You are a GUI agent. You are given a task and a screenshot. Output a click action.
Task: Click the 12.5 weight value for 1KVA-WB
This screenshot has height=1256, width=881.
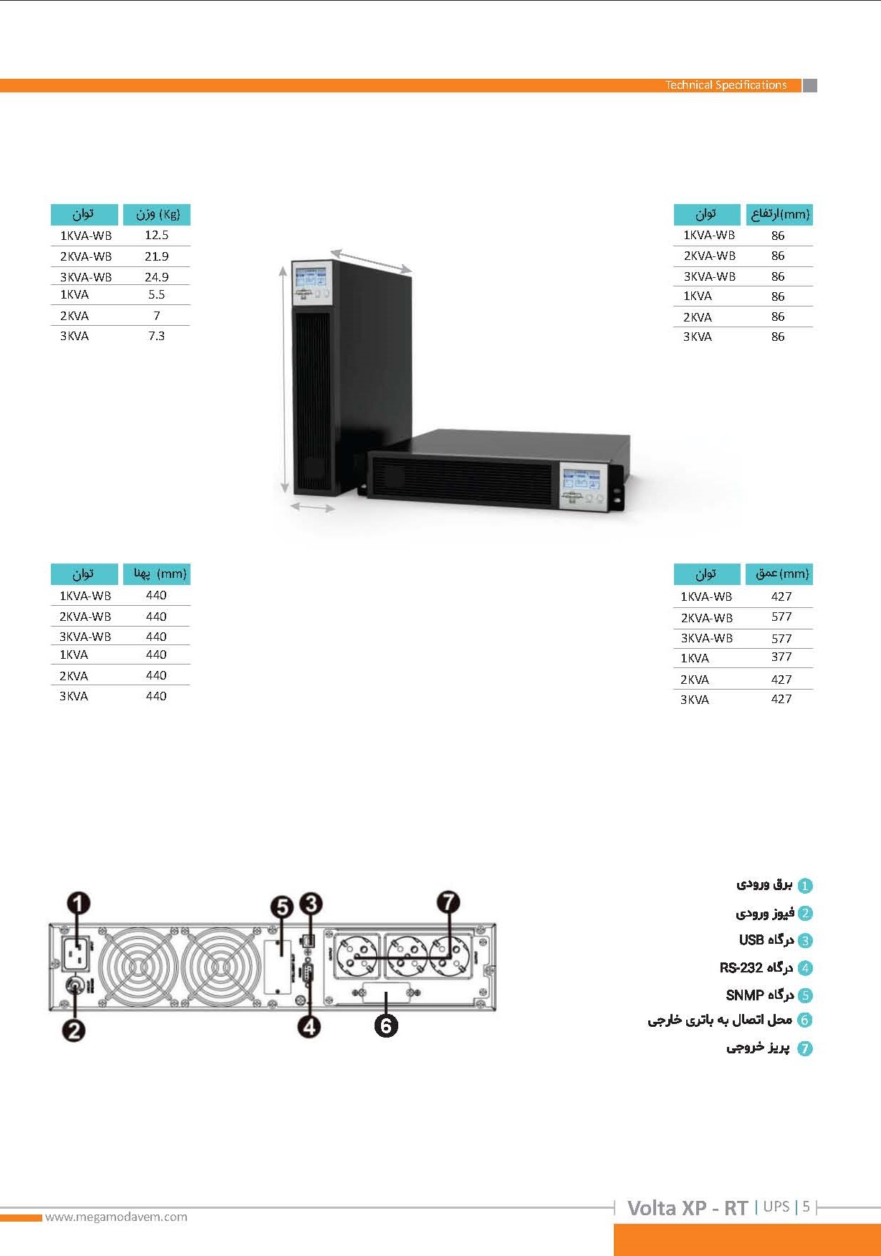click(156, 235)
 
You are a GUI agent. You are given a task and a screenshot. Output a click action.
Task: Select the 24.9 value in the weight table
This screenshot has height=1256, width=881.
click(156, 276)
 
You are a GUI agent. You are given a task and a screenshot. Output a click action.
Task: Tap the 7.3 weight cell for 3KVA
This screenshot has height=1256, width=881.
click(156, 336)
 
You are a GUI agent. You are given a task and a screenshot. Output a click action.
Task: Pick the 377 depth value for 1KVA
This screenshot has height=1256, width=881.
click(781, 657)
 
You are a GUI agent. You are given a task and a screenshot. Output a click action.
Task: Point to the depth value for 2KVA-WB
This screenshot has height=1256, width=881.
click(781, 617)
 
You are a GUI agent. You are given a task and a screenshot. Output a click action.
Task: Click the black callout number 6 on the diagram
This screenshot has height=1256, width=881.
click(385, 1026)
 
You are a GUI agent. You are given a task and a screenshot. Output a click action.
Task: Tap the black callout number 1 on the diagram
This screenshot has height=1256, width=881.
click(79, 904)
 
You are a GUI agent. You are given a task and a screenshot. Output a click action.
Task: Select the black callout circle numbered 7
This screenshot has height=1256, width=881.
click(448, 902)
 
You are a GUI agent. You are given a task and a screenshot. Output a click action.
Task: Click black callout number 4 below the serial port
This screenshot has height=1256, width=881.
click(309, 1026)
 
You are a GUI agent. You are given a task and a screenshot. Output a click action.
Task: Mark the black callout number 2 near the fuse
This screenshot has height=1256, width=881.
click(74, 1030)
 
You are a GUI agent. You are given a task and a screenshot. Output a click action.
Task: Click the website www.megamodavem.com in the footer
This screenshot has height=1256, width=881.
click(116, 1217)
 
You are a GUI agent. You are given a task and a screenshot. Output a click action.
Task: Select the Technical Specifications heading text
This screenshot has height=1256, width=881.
click(726, 85)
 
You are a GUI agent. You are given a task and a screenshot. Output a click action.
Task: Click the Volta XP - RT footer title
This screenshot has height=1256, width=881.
click(688, 1208)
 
